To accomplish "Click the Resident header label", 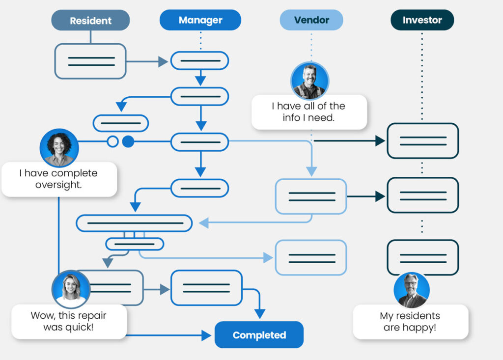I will point(90,21).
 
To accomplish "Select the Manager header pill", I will point(200,20).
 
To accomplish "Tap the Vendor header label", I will point(311,20).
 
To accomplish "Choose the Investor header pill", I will point(422,20).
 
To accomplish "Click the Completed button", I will point(259,335).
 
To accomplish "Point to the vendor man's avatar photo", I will point(309,81).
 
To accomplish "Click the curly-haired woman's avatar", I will point(59,148).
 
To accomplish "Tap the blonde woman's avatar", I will point(71,289).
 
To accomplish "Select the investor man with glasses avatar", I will point(411,290).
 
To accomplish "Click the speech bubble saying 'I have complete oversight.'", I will point(58,179).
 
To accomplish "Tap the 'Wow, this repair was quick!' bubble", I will point(68,321).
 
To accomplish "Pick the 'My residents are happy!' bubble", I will point(410,322).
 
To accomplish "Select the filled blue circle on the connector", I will point(128,142).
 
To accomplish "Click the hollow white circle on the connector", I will point(112,142).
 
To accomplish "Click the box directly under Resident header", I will point(90,61).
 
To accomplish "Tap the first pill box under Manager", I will point(199,61).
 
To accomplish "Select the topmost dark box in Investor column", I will point(422,141).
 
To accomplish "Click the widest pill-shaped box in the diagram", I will point(134,223).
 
